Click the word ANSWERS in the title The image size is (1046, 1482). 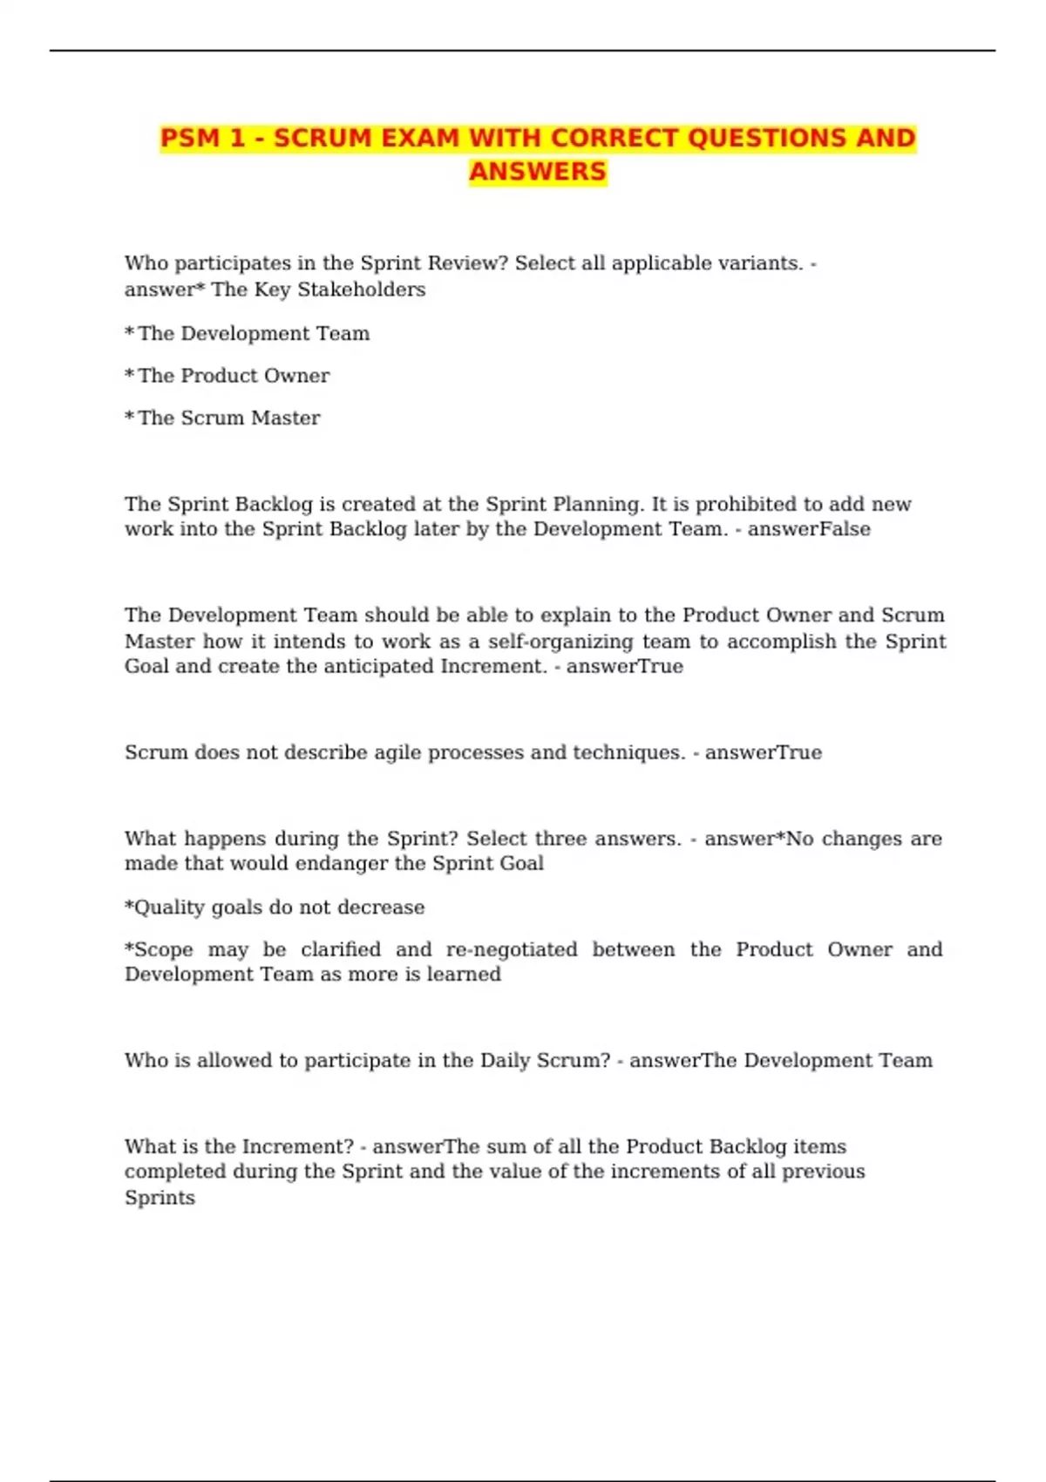pyautogui.click(x=537, y=172)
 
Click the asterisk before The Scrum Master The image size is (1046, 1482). pyautogui.click(x=129, y=417)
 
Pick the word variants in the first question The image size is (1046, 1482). pyautogui.click(x=760, y=263)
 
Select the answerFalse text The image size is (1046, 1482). pyautogui.click(x=809, y=529)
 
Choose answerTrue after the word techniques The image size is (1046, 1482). pyautogui.click(x=763, y=752)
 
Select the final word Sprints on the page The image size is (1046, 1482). pyautogui.click(x=160, y=1198)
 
